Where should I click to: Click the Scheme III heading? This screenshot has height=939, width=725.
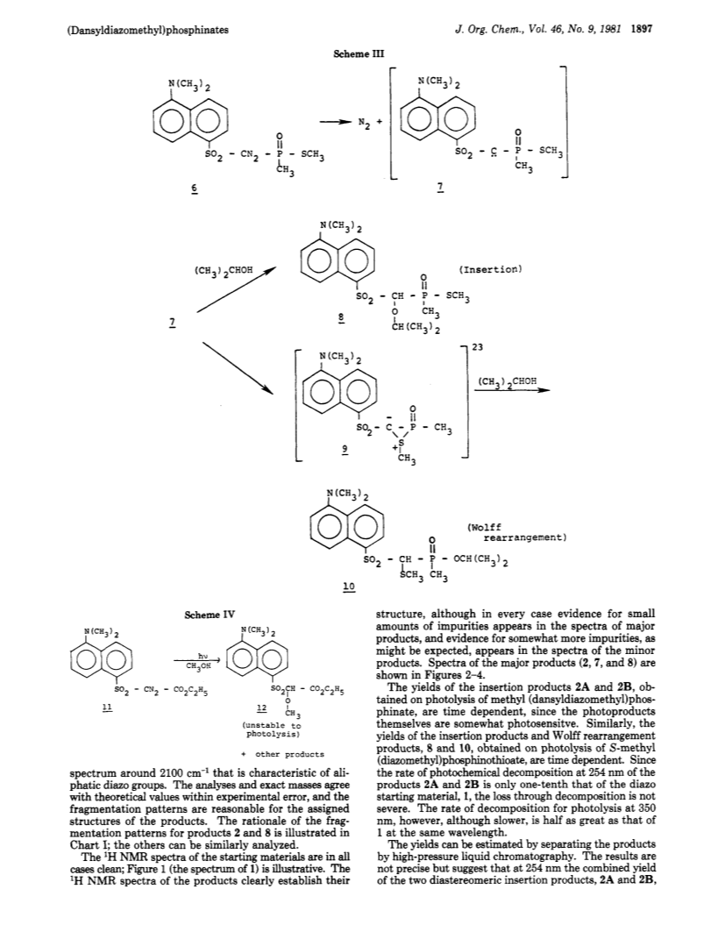[x=358, y=53]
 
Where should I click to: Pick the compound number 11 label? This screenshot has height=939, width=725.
[x=108, y=708]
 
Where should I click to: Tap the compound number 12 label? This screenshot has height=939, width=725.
[x=261, y=708]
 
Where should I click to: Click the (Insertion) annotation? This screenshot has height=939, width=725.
[x=491, y=269]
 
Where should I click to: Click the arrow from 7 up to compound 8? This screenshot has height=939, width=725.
[x=236, y=290]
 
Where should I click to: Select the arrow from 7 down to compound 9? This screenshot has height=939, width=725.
[x=238, y=367]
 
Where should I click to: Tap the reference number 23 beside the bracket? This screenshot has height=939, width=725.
[x=478, y=346]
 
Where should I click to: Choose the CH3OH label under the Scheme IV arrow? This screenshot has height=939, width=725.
[x=199, y=666]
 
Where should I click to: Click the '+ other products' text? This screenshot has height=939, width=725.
[x=283, y=755]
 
